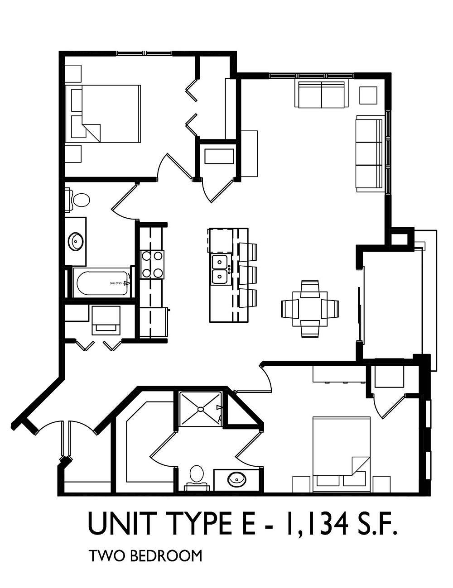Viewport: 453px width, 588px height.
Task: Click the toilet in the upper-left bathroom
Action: [79, 200]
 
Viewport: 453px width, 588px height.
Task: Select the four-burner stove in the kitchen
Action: [152, 264]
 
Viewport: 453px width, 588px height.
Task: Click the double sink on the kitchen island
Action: [220, 269]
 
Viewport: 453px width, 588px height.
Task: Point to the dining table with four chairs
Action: [310, 309]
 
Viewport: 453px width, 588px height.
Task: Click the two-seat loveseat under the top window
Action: [321, 94]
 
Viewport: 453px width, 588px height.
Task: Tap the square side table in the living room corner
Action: [368, 95]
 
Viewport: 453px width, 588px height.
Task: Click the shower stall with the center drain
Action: [200, 409]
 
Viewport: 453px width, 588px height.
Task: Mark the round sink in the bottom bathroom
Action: [236, 478]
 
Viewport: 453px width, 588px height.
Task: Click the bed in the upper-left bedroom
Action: [103, 114]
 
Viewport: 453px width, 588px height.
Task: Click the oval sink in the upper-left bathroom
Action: [75, 241]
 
